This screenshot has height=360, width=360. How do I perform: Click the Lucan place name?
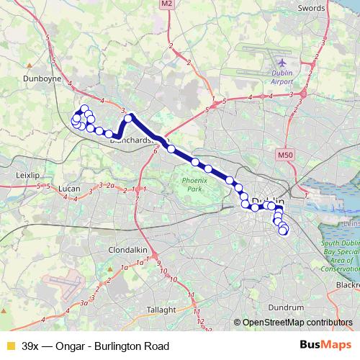pyautogui.click(x=69, y=189)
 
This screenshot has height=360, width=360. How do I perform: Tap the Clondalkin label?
pyautogui.click(x=127, y=249)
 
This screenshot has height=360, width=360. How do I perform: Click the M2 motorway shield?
pyautogui.click(x=166, y=4)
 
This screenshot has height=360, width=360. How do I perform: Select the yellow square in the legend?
pyautogui.click(x=10, y=346)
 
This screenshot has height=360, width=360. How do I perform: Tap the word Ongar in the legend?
pyautogui.click(x=77, y=346)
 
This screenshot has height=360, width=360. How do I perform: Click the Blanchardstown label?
pyautogui.click(x=132, y=140)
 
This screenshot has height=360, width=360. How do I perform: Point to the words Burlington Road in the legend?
pyautogui.click(x=136, y=346)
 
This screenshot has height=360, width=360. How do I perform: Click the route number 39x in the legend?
pyautogui.click(x=32, y=346)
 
